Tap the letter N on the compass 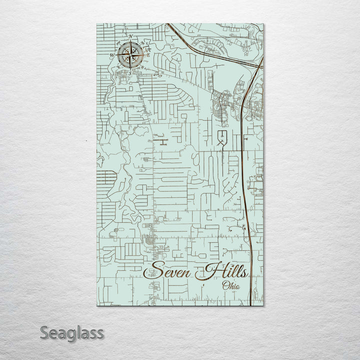point(130,36)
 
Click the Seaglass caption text point(71,332)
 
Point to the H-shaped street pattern point(162,141)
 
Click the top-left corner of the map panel point(96,23)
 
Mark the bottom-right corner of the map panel point(263,305)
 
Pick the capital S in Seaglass point(44,332)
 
